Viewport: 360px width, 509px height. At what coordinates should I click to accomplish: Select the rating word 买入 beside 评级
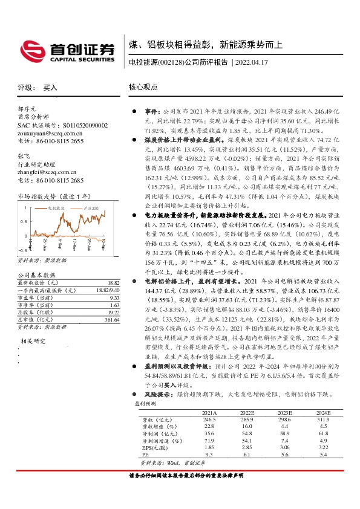50,87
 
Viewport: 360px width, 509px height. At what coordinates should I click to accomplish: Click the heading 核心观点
143,87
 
